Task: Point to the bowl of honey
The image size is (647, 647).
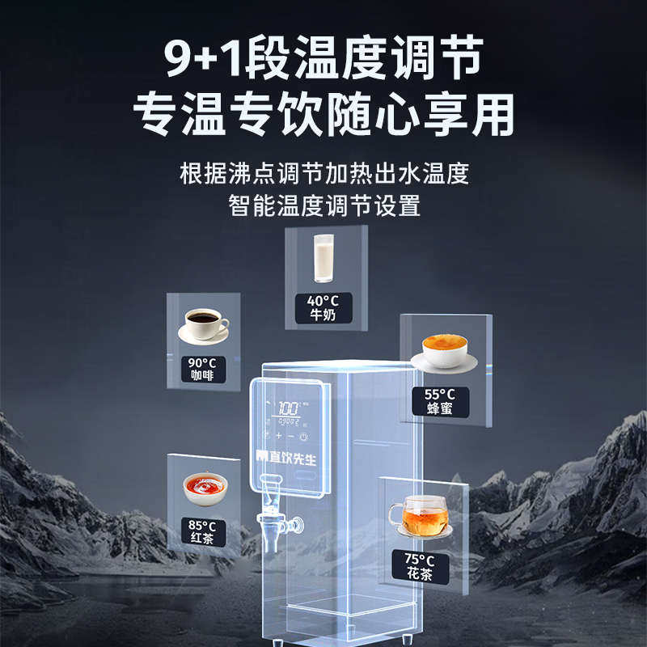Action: pyautogui.click(x=444, y=349)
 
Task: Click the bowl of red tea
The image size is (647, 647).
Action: pyautogui.click(x=203, y=486)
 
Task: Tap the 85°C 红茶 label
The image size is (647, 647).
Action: pyautogui.click(x=203, y=531)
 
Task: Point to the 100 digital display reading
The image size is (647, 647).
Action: pyautogui.click(x=288, y=408)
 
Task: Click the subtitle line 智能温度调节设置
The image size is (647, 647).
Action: pyautogui.click(x=323, y=205)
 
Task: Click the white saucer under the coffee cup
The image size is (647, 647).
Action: pyautogui.click(x=204, y=335)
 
